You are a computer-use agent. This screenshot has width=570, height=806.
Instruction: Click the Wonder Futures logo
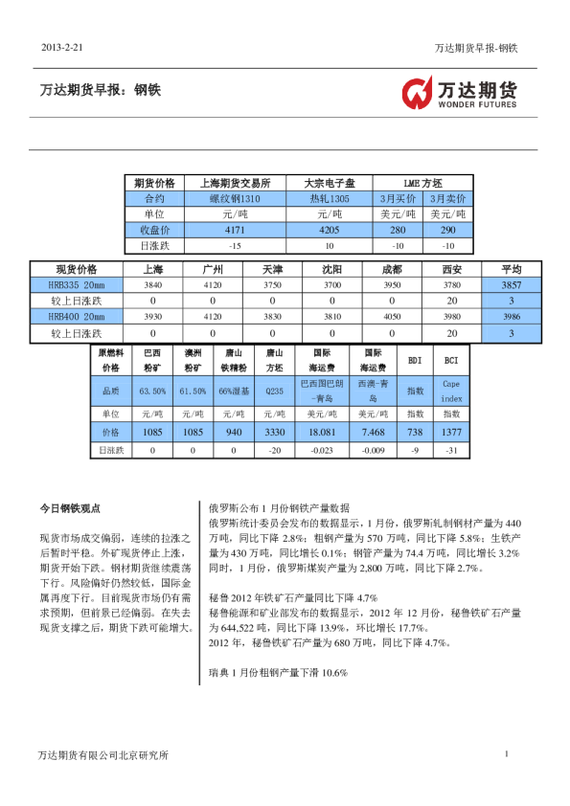point(459,93)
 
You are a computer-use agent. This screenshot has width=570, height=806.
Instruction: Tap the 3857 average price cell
point(512,285)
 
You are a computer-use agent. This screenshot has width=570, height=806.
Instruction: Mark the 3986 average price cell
point(512,317)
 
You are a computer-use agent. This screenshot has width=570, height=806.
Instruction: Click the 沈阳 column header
point(331,269)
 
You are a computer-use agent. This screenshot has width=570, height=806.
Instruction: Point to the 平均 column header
point(512,269)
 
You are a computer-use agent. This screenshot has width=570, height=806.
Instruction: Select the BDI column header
point(415,360)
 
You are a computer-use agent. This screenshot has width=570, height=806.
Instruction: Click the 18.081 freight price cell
point(315,433)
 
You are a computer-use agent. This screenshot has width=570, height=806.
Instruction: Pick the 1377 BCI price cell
point(450,433)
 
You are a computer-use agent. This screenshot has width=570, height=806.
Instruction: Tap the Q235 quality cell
point(274,391)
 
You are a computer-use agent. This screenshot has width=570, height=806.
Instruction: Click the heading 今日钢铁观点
point(69,508)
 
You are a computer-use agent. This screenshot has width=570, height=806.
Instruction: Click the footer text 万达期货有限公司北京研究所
point(103,755)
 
